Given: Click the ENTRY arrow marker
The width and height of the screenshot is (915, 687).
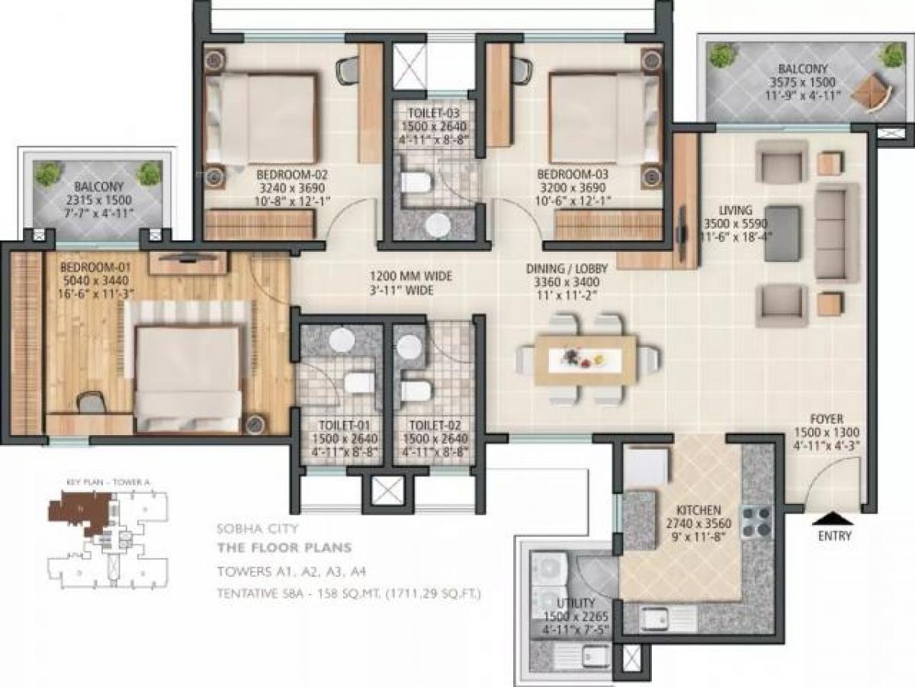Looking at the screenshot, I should click(x=834, y=519).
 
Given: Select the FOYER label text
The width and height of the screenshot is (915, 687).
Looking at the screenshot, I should click(x=827, y=419).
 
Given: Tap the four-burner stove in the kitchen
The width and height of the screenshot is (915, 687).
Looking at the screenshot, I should click(x=756, y=522).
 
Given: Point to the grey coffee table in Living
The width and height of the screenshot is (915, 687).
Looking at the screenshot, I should click(x=782, y=234).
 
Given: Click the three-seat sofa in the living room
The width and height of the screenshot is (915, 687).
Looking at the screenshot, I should click(x=837, y=232).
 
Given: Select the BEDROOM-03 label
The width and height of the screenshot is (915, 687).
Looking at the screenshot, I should click(x=569, y=173).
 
